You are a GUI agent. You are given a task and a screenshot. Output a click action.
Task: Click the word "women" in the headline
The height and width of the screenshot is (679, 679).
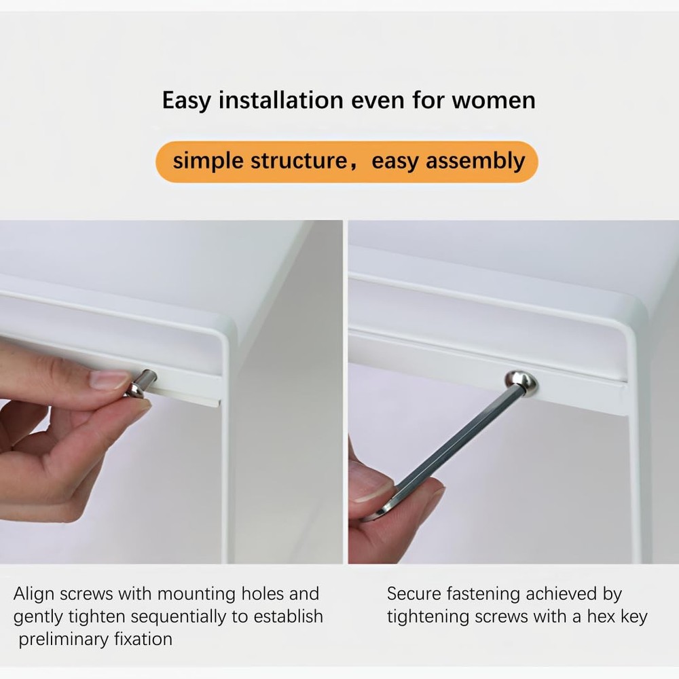(x=494, y=100)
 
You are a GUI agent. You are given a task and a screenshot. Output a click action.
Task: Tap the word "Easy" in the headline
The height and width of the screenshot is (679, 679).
(x=186, y=100)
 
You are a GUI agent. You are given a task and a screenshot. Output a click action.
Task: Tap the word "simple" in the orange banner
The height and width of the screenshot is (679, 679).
(x=208, y=162)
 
